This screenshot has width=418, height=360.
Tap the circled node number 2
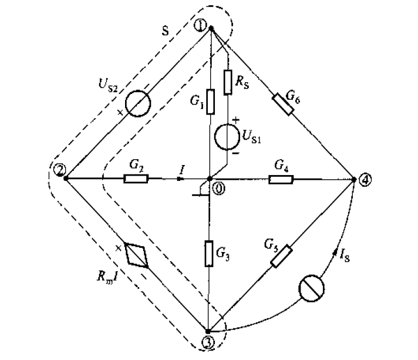(x=58, y=170)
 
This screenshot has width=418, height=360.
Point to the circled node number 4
(x=365, y=180)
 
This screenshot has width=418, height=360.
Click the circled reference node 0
(x=218, y=189)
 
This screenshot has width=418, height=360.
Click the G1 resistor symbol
(x=210, y=102)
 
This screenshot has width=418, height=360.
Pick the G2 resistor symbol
(x=136, y=177)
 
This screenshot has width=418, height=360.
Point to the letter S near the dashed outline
(x=166, y=32)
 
